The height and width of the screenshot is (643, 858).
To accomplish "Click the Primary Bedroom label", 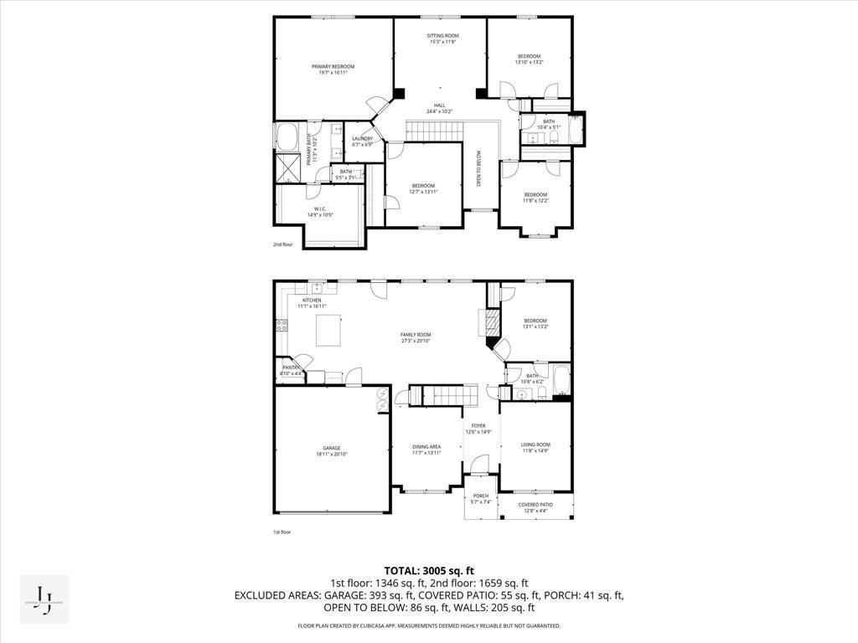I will coord(333,67).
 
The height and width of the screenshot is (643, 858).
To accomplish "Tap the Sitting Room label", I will coord(441,36).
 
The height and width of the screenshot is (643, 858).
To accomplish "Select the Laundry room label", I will coord(362,139).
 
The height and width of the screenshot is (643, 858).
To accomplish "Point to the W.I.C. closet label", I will coord(320,210).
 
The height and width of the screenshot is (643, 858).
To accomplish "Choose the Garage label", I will coord(332,448).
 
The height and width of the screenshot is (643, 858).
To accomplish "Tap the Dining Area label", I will coord(426,446).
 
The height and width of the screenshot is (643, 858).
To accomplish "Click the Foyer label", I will coord(478,426).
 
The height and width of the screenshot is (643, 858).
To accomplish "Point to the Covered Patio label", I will coord(535,505).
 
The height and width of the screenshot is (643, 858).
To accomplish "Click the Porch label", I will coord(481,496).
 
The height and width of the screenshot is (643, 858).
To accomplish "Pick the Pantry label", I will coord(291,368).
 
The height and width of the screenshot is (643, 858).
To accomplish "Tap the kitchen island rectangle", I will coord(329,330).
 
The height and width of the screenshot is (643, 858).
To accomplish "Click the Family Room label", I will coord(416,335).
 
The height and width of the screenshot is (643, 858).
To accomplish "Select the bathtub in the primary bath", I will coord(287,136).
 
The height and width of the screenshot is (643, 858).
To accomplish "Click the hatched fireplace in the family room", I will coord(487,323).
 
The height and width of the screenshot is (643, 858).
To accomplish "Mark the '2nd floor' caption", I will coord(282,244).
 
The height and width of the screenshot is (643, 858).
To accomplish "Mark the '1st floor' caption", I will coord(282,532).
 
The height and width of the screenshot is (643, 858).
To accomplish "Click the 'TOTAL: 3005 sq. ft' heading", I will coord(428,570).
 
